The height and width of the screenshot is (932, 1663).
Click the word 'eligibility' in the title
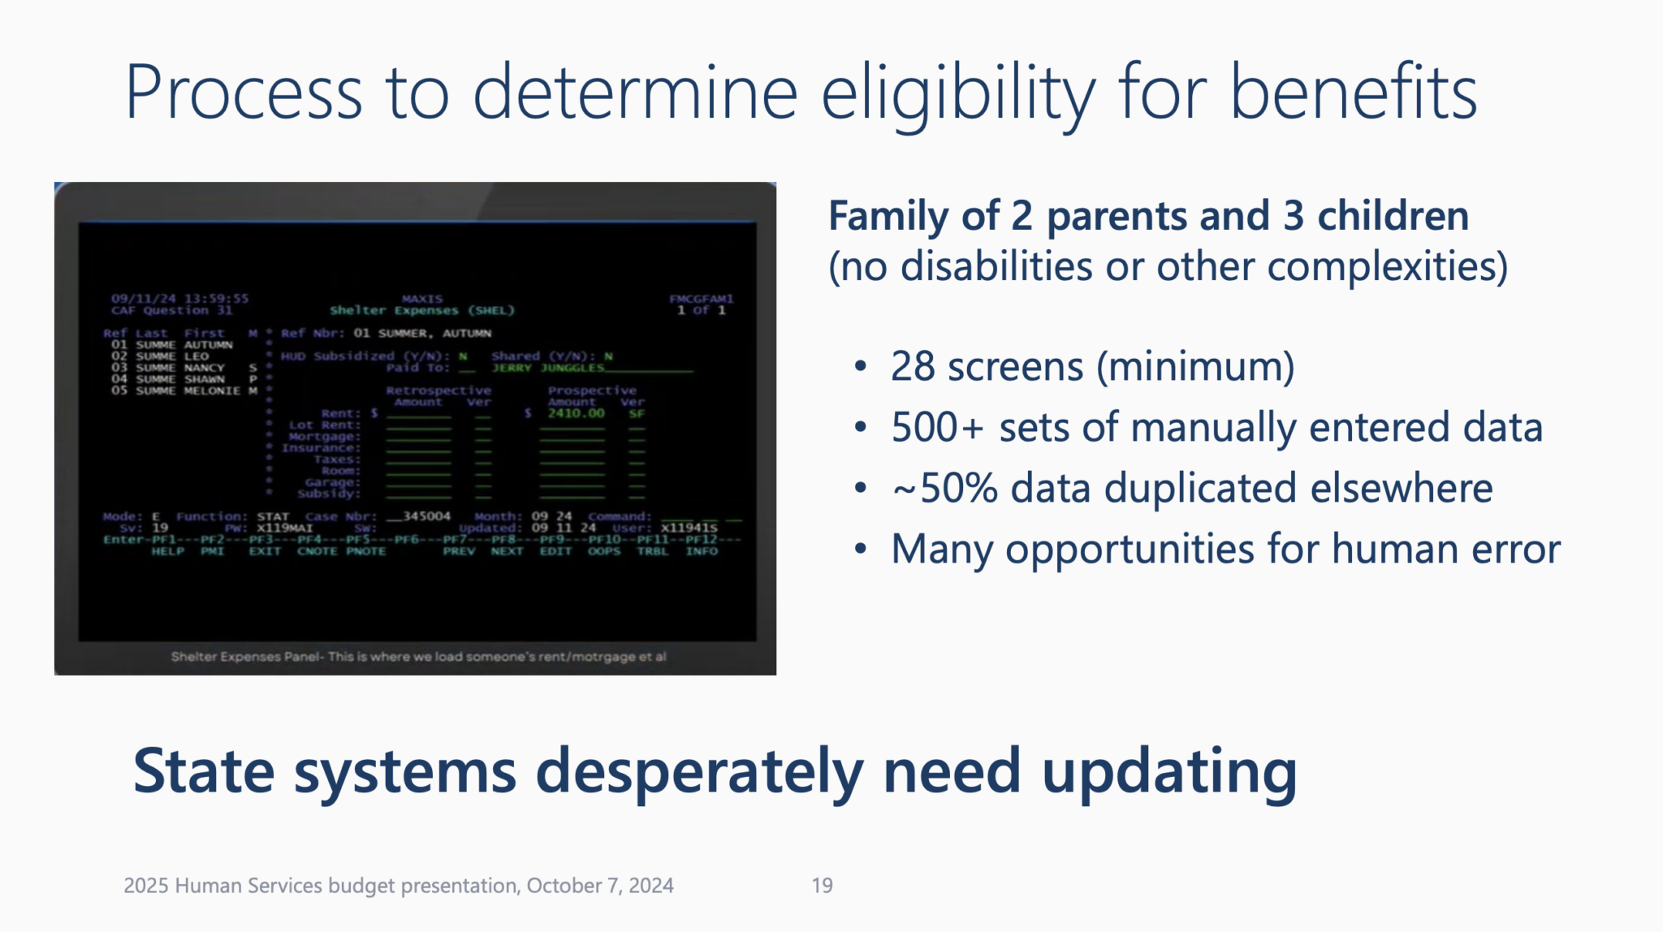958,93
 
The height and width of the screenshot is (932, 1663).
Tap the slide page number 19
822,885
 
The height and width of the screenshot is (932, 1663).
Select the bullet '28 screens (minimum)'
1092,366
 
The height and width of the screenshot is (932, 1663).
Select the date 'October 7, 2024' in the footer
600,885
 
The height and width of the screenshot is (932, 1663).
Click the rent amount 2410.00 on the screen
576,413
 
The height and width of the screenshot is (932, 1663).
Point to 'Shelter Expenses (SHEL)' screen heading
421,310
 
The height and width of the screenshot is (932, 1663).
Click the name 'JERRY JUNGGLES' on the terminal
548,368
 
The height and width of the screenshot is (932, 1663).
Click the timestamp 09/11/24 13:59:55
179,298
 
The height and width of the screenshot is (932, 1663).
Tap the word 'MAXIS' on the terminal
422,299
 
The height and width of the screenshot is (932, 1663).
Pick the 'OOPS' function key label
603,551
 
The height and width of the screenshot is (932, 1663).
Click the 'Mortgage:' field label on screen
324,436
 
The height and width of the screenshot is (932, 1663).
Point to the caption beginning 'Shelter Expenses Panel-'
418,656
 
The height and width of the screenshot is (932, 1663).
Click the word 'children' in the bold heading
1393,216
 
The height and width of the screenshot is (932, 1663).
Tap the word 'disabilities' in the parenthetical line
996,266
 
